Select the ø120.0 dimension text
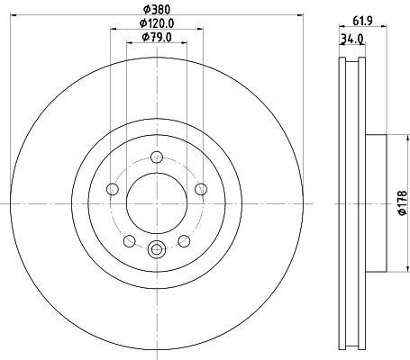(x=156, y=23)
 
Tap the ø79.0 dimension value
(x=157, y=37)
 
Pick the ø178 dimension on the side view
(x=402, y=205)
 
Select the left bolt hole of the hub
(x=113, y=189)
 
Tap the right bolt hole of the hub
(x=200, y=189)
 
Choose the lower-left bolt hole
(x=129, y=240)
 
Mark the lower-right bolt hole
(x=184, y=240)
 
